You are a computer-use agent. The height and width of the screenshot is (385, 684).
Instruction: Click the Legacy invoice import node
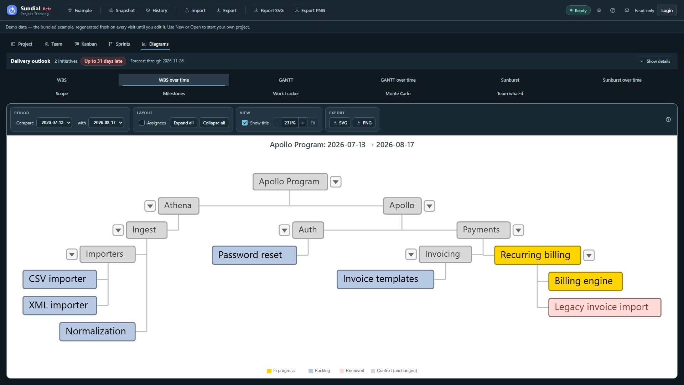605,307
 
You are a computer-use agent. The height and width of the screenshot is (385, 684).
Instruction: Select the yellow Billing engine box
585,281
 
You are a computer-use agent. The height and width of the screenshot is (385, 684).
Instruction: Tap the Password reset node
254,255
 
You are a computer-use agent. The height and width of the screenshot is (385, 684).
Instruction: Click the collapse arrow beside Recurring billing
589,255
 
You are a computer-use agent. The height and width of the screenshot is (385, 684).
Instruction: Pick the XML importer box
59,306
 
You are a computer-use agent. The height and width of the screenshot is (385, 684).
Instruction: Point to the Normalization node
97,332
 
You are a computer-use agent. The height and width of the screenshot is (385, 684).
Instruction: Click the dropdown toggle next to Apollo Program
336,182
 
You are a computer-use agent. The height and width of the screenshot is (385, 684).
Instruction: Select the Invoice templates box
385,279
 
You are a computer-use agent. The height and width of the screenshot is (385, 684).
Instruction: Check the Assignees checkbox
142,123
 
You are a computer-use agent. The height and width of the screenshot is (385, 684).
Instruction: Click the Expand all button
183,123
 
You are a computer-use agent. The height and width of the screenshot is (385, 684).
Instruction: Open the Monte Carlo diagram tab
398,94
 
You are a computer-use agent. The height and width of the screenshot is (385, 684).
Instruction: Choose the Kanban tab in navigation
85,44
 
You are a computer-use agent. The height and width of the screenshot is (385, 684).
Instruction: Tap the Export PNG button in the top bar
310,11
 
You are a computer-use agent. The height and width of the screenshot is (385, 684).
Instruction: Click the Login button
667,11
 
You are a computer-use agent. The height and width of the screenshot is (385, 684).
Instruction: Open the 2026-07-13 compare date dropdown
54,123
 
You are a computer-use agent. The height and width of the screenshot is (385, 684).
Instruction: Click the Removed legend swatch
342,371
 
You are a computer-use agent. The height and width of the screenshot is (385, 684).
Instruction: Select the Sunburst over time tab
622,80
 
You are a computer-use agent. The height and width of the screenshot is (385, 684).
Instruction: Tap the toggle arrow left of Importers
72,255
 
